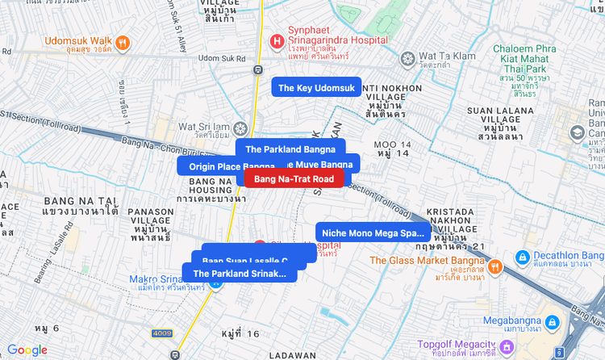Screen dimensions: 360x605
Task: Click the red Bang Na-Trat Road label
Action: point(294,178)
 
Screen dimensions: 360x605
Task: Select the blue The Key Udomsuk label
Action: point(316,87)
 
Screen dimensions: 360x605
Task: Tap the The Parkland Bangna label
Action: point(290,149)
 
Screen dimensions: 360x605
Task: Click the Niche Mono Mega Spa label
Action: point(373,232)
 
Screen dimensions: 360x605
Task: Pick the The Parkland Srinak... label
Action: point(240,273)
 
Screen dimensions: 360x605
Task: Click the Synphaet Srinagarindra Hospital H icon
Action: point(277,40)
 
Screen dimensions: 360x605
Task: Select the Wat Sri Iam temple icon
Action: point(240,128)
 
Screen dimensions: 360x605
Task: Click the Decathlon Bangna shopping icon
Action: point(522,257)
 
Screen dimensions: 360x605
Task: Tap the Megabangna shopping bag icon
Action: point(552,322)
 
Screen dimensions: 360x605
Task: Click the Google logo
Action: point(27,350)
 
